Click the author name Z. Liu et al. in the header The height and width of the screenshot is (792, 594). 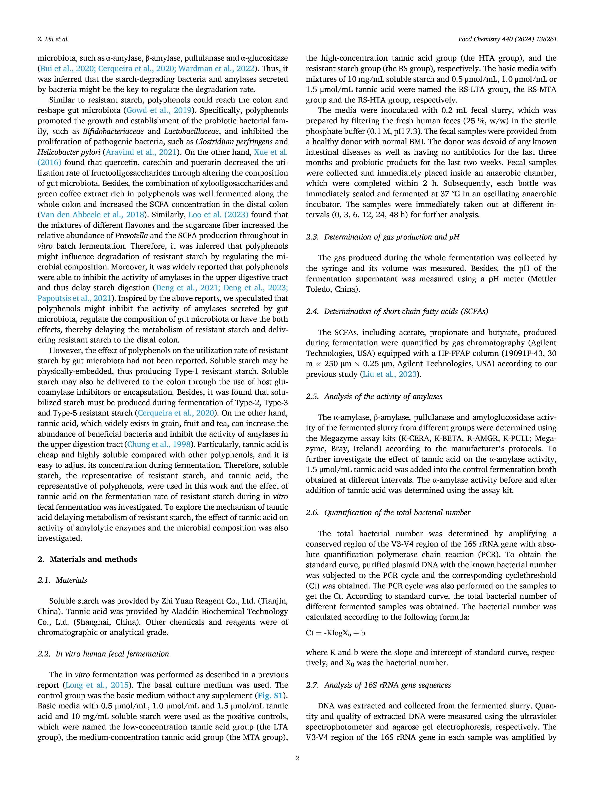click(x=53, y=39)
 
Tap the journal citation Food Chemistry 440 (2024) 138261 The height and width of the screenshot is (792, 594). click(x=507, y=39)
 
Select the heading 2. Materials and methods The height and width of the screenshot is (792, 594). click(x=87, y=559)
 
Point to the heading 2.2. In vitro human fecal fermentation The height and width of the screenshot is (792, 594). click(x=103, y=654)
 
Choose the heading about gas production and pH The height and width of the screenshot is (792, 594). click(x=383, y=237)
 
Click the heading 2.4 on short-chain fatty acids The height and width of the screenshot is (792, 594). click(x=397, y=312)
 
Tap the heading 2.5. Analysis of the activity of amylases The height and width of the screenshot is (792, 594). click(x=374, y=396)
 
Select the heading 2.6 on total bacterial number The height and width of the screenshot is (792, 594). click(x=388, y=513)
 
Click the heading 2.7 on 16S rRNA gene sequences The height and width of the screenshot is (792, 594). click(x=378, y=685)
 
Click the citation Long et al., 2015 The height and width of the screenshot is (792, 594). click(x=97, y=685)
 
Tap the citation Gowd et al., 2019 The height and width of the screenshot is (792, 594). click(x=159, y=110)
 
